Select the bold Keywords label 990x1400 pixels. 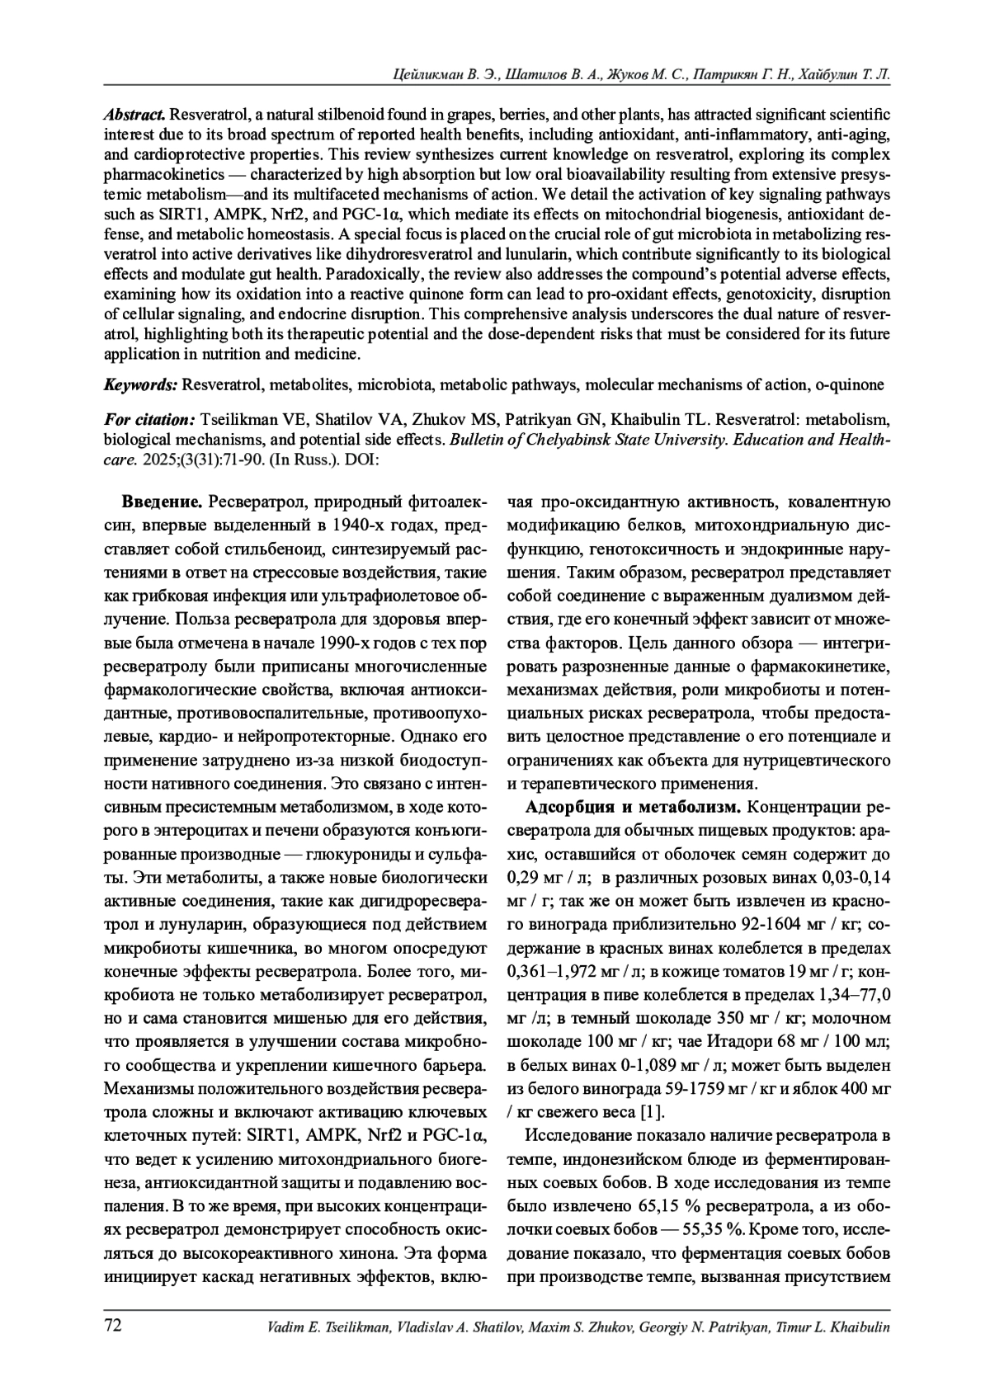point(140,384)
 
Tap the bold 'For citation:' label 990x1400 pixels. point(148,420)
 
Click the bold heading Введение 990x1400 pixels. point(163,502)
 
